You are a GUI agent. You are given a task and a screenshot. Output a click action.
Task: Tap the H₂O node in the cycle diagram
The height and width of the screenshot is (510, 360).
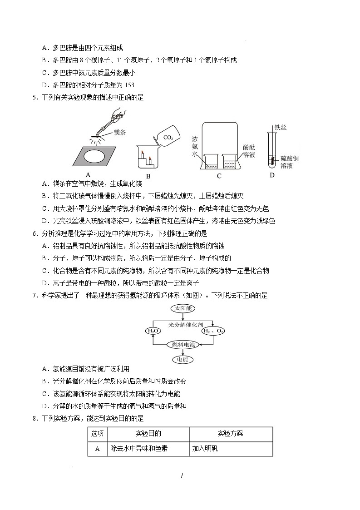point(152,331)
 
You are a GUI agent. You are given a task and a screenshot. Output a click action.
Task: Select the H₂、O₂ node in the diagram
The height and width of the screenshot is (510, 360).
point(213,331)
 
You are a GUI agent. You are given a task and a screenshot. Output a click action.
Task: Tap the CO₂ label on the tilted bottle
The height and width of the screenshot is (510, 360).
point(168,137)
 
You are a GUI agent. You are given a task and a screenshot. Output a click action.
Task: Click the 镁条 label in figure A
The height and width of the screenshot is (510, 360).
point(119,132)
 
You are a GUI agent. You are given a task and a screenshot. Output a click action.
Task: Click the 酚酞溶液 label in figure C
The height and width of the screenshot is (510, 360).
point(249,151)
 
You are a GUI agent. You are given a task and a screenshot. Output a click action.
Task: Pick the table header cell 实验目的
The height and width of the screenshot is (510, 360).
point(148,434)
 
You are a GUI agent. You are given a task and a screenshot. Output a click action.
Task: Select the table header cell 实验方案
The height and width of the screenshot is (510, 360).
point(230,434)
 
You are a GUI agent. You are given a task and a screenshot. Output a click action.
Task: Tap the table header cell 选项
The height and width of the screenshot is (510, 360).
point(97,434)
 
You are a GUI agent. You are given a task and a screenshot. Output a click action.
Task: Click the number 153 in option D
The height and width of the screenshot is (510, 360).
point(129,85)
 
